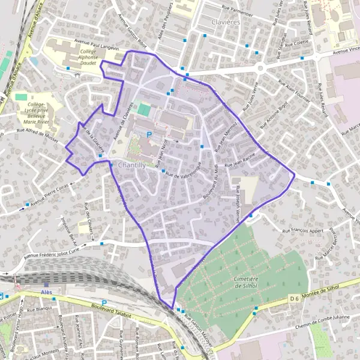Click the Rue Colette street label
coord(296,43)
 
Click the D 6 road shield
coord(294,298)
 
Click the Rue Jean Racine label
coord(241,163)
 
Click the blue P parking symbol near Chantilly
coord(149,135)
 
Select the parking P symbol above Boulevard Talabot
coord(104,302)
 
